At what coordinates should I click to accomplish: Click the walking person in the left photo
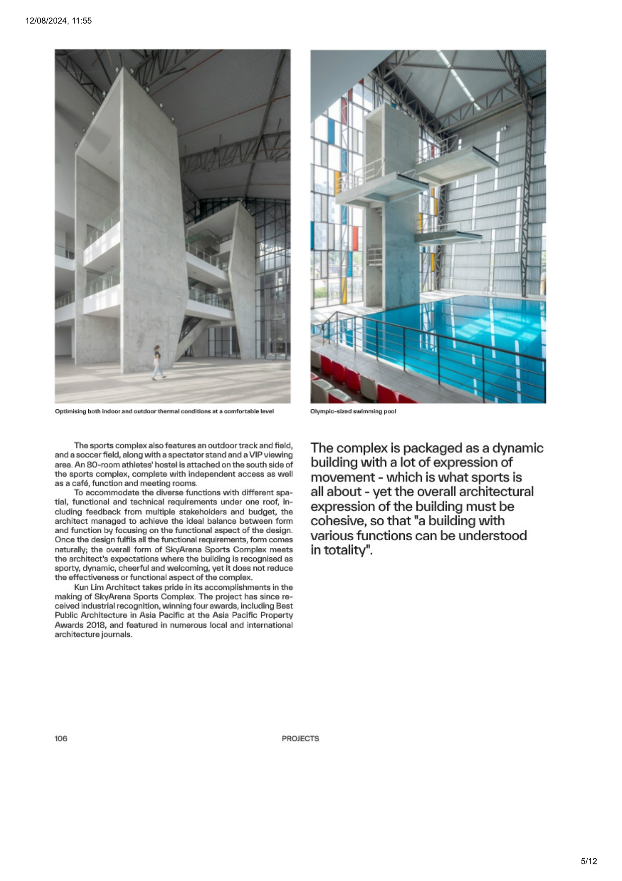pos(157,362)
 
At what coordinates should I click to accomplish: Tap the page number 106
pos(61,738)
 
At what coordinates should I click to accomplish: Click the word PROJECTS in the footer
pos(300,739)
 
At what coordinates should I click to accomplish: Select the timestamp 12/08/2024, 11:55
pos(58,21)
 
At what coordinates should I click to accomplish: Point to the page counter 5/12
pos(589,861)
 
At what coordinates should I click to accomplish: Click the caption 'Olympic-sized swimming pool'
pos(353,411)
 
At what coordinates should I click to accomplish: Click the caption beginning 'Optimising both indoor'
pos(164,411)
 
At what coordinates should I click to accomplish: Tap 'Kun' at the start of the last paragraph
pos(81,587)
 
